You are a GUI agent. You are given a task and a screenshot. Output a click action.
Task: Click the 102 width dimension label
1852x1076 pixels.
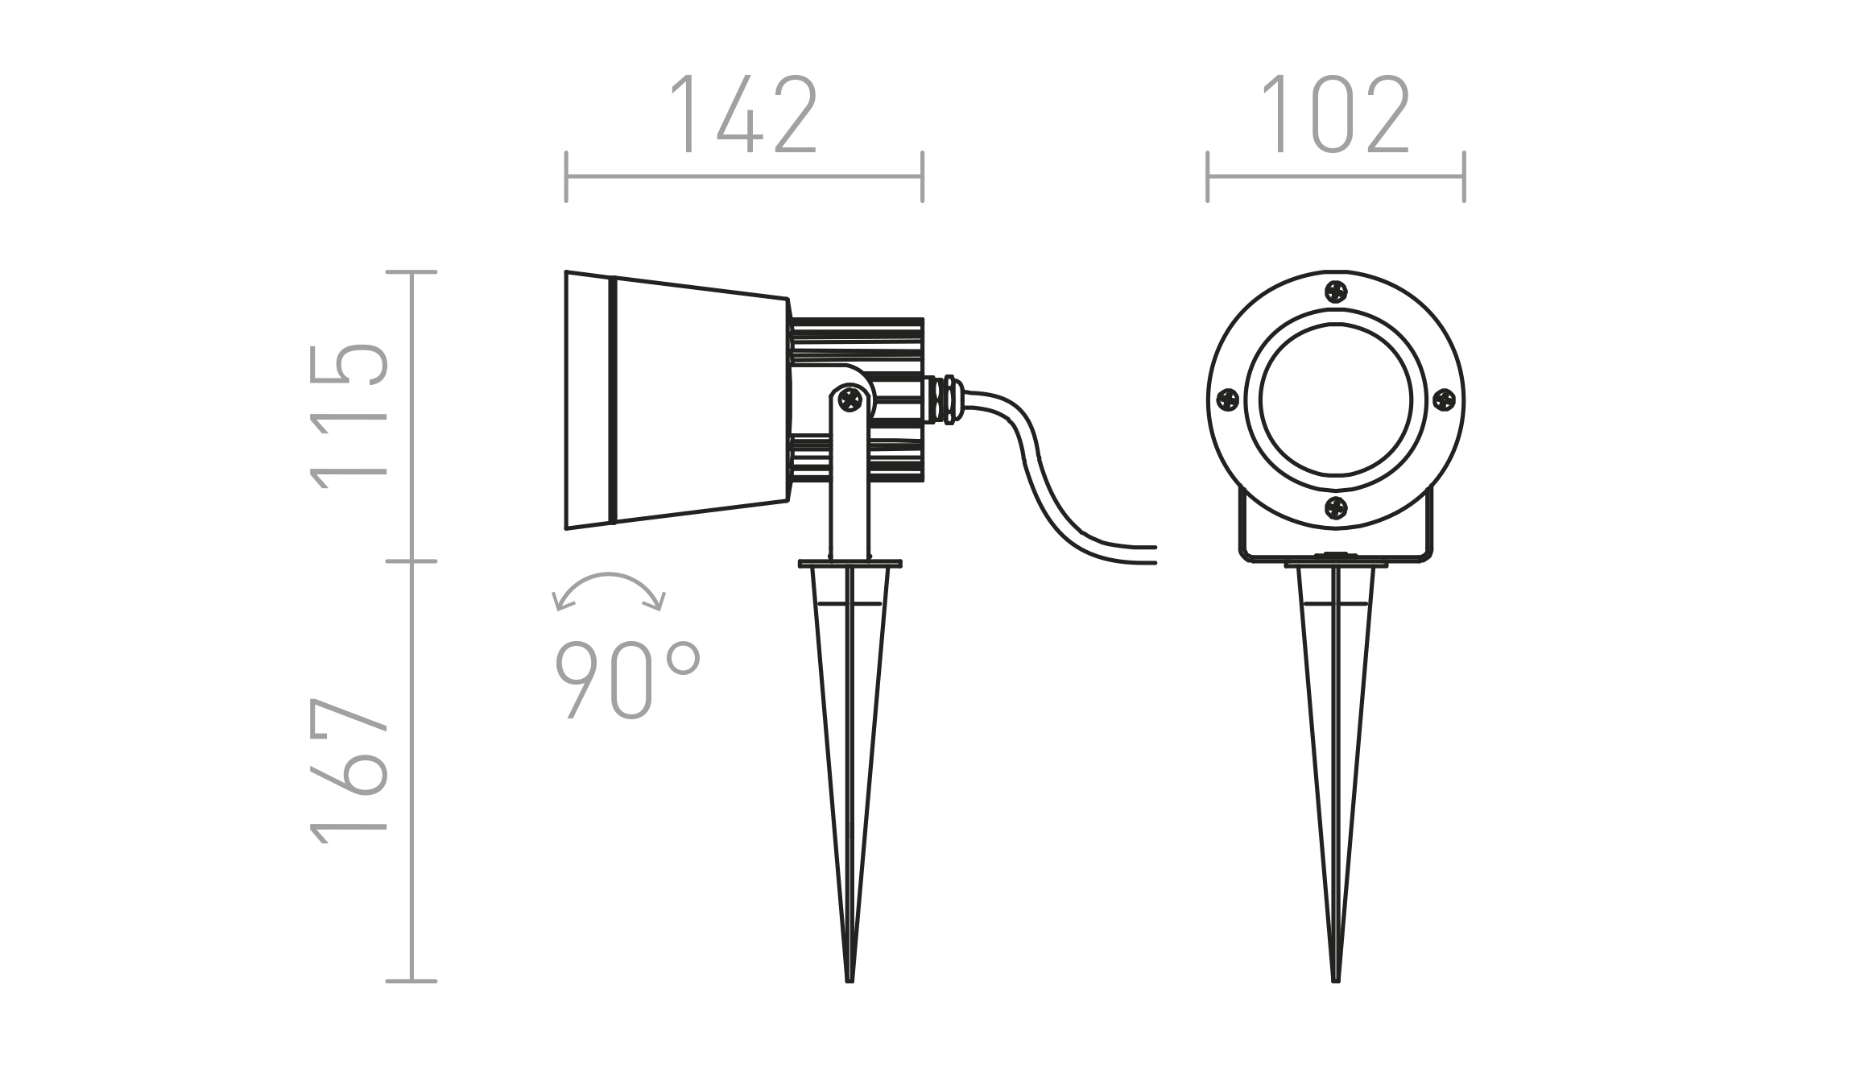pyautogui.click(x=1335, y=114)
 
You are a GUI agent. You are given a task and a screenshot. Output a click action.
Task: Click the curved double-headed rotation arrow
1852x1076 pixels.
pyautogui.click(x=609, y=592)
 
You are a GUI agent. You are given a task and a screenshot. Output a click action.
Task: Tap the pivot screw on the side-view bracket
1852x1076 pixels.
pyautogui.click(x=850, y=399)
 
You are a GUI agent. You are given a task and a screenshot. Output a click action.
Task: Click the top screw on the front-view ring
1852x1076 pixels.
pyautogui.click(x=1336, y=292)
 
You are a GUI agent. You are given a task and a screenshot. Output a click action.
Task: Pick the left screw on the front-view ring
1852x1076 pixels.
pyautogui.click(x=1227, y=399)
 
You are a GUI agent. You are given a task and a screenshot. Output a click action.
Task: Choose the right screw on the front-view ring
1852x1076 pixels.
pyautogui.click(x=1445, y=399)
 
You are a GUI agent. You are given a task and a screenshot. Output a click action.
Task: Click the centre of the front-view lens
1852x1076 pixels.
pyautogui.click(x=1336, y=400)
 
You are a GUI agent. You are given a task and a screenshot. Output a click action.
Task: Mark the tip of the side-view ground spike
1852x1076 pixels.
pyautogui.click(x=850, y=982)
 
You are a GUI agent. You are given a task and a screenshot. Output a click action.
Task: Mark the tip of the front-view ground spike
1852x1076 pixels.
pyautogui.click(x=1336, y=982)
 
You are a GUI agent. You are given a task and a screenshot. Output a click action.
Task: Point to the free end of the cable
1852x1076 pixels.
pyautogui.click(x=1155, y=554)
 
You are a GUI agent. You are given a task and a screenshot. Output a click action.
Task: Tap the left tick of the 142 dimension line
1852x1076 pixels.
pyautogui.click(x=566, y=176)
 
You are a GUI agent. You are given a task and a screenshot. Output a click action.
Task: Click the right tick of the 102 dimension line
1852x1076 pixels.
pyautogui.click(x=1464, y=176)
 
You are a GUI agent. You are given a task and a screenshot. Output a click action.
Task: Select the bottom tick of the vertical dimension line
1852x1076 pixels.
pyautogui.click(x=411, y=981)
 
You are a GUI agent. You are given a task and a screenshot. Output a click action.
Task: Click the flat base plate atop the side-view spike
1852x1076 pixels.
pyautogui.click(x=850, y=564)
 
